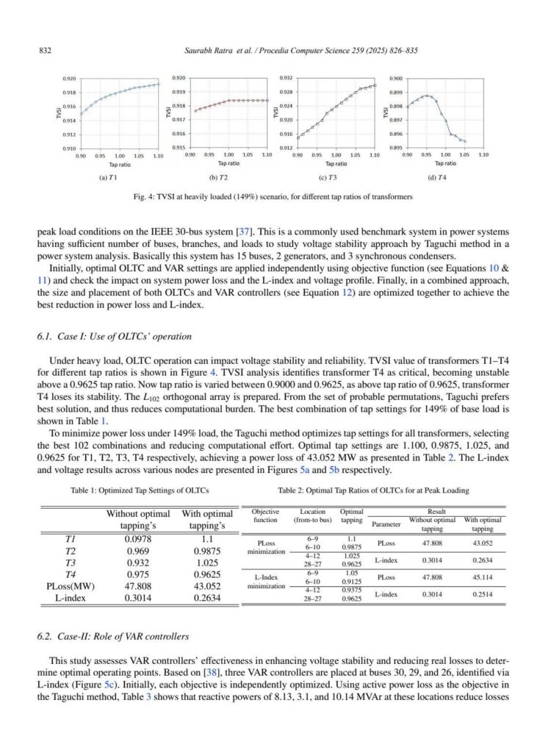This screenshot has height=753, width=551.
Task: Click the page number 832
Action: (x=43, y=50)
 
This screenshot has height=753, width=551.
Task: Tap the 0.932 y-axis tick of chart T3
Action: (x=287, y=78)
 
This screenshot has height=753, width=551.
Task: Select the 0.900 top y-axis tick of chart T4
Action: (x=395, y=78)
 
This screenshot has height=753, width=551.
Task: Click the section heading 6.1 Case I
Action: (x=114, y=337)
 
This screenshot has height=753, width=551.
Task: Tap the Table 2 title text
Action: (x=363, y=490)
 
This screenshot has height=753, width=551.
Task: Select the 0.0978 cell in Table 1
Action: (x=137, y=538)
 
